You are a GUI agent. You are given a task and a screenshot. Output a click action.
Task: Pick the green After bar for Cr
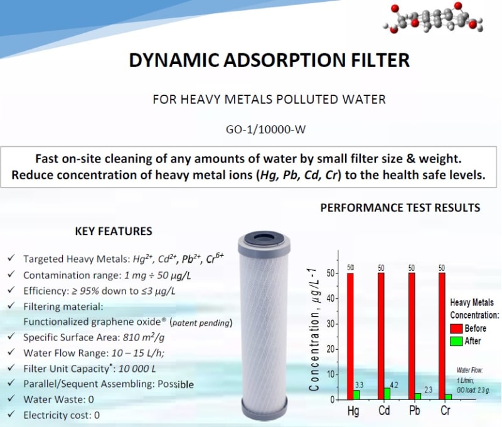point(448,397)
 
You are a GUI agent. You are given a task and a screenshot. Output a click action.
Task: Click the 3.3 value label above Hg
point(359,384)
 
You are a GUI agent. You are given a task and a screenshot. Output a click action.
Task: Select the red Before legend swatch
point(456,328)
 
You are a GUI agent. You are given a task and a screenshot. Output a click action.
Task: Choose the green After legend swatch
point(456,341)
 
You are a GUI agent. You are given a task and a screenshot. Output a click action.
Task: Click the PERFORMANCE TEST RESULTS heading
point(400,208)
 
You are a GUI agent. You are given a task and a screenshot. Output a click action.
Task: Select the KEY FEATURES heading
point(114,231)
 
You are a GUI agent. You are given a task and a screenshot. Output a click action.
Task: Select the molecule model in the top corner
point(433,18)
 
